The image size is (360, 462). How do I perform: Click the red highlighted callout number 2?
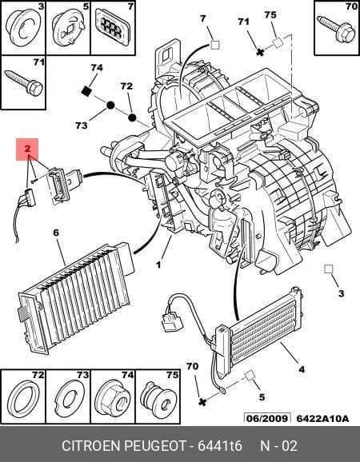coord(27,149)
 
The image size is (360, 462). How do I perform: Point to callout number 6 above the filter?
coord(56,233)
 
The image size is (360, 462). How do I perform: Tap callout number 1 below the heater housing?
coord(158,265)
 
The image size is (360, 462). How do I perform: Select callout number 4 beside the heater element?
coord(302,369)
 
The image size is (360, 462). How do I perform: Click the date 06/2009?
coord(267,418)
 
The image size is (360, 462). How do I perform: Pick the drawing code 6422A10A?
coord(322,418)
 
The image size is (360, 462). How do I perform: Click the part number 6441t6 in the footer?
coord(220,445)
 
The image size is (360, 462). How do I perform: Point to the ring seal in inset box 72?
coord(23,399)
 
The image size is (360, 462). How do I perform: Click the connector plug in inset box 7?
coord(112,26)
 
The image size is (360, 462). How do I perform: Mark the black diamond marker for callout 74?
coord(86,92)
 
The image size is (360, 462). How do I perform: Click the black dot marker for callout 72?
coord(132,117)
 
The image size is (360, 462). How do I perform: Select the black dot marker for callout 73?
coord(110,106)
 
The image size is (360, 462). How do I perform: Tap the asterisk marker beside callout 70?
coord(202,401)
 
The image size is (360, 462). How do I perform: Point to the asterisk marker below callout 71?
coord(260,52)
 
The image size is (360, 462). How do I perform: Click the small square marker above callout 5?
coord(249,376)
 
